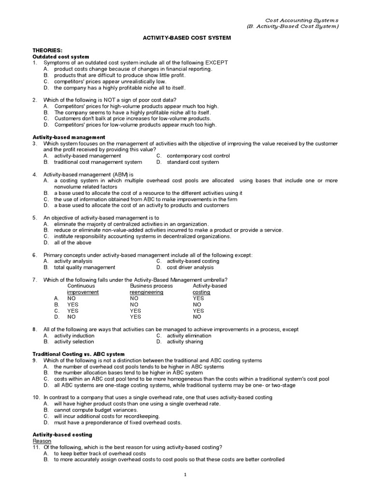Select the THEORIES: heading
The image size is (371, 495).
(x=47, y=50)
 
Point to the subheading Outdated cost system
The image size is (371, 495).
(x=60, y=57)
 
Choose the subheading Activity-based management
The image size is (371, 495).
(x=67, y=137)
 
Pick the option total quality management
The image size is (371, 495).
(x=85, y=267)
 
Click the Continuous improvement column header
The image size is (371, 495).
(x=83, y=289)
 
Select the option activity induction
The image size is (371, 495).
(x=74, y=335)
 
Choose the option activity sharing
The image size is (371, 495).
(x=185, y=342)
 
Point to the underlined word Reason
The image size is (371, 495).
(x=42, y=441)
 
